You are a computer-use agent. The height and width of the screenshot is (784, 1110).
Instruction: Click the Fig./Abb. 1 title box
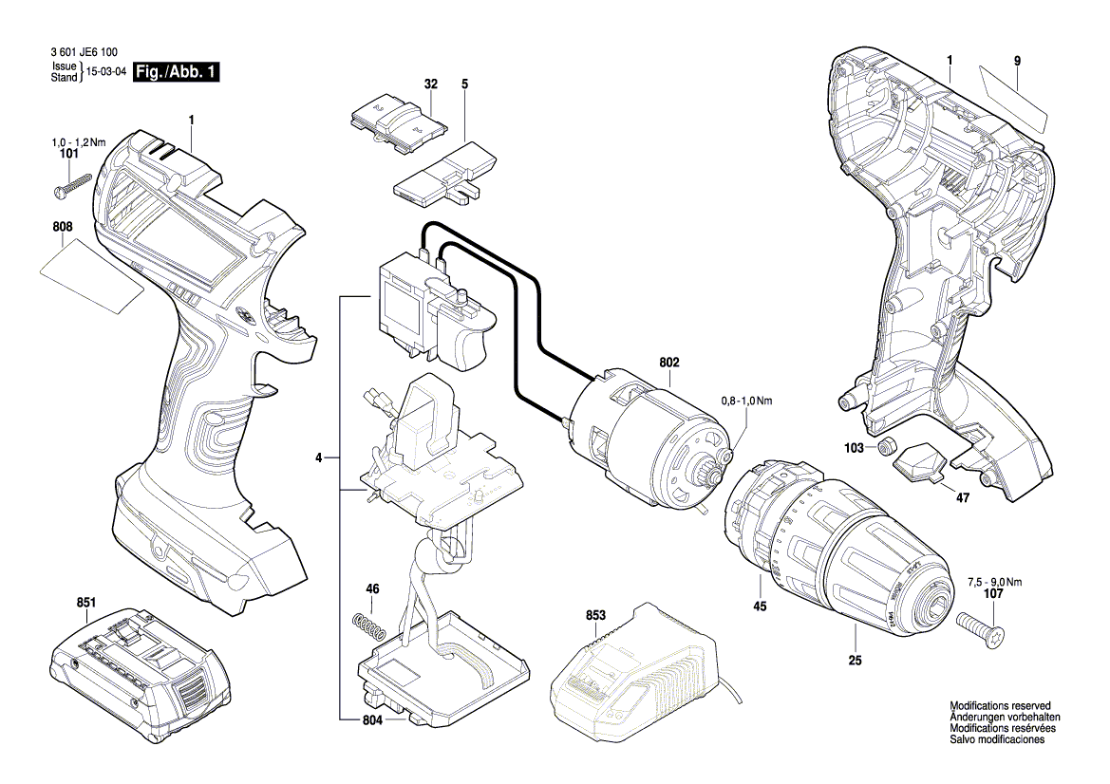pos(176,72)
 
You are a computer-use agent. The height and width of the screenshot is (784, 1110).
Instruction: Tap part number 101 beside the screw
pos(68,153)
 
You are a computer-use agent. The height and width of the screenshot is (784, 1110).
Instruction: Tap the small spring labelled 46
pos(368,625)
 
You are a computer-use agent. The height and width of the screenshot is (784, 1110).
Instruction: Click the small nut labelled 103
pos(886,447)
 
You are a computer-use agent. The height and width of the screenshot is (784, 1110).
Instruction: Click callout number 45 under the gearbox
pos(760,607)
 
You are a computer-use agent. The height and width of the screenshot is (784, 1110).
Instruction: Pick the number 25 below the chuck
pos(856,661)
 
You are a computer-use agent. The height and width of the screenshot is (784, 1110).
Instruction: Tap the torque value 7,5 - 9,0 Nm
pos(994,583)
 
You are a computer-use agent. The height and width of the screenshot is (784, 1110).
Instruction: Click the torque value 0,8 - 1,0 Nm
pos(747,401)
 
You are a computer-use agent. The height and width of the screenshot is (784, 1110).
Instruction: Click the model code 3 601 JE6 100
pos(85,52)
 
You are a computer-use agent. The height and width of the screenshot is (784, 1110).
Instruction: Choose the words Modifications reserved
pos(1000,705)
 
